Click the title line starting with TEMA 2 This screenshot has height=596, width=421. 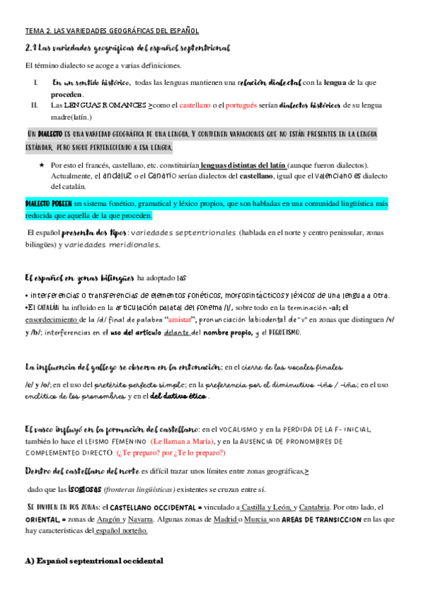click(x=112, y=31)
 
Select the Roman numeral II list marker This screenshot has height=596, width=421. click(x=34, y=105)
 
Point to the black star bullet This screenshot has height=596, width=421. click(x=43, y=164)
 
